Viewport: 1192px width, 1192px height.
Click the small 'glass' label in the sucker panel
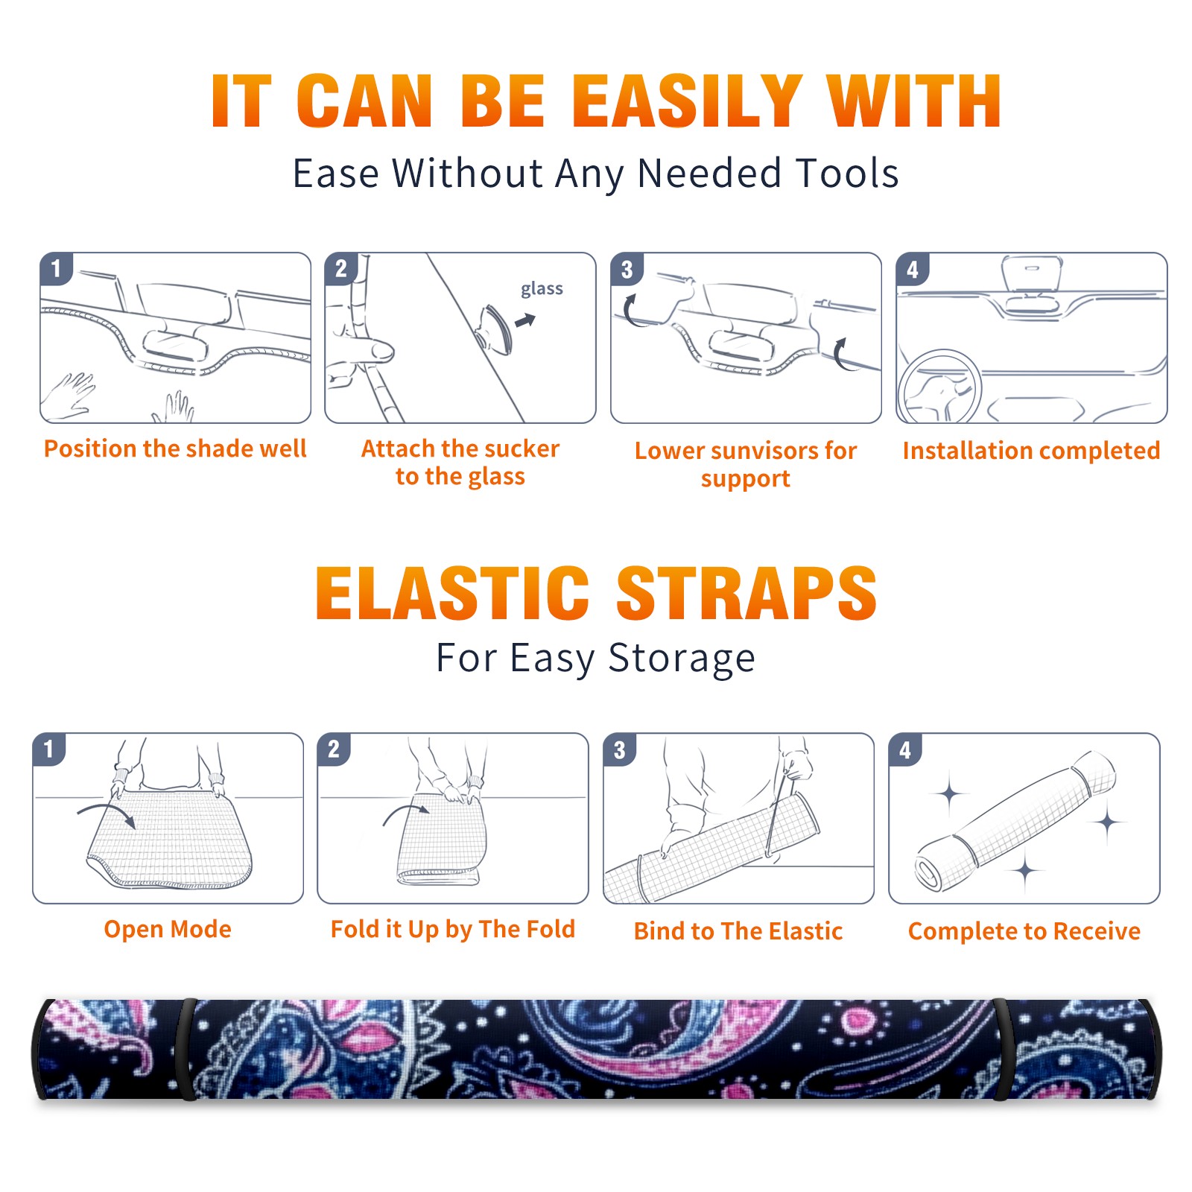click(542, 289)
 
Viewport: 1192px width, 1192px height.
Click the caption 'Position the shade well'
click(175, 448)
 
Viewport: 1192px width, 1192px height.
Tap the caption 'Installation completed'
click(1031, 450)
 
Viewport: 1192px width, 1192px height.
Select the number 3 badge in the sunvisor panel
click(627, 269)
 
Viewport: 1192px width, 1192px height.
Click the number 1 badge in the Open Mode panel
click(49, 749)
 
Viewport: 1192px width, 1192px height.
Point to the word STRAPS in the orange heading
click(746, 593)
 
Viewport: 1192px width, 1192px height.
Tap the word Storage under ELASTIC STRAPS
click(682, 659)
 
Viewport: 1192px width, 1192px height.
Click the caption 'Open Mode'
click(168, 929)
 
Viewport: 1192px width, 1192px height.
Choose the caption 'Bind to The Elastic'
click(738, 931)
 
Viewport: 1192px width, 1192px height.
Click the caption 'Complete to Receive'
click(1024, 931)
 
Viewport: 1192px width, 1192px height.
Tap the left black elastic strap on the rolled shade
click(188, 1050)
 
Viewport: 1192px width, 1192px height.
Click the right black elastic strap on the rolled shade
click(1001, 1050)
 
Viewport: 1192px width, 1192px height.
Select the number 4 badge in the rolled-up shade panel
click(905, 749)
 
